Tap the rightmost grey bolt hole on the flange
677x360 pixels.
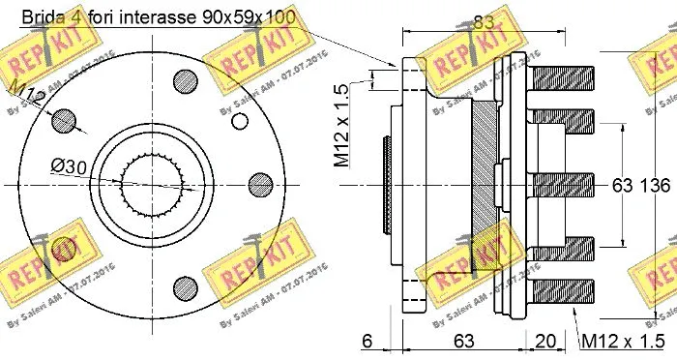coord(257,184)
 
